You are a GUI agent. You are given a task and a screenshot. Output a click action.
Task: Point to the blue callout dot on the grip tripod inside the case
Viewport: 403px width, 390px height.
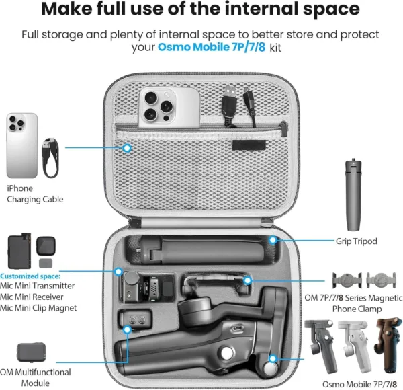pos(273,240)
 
